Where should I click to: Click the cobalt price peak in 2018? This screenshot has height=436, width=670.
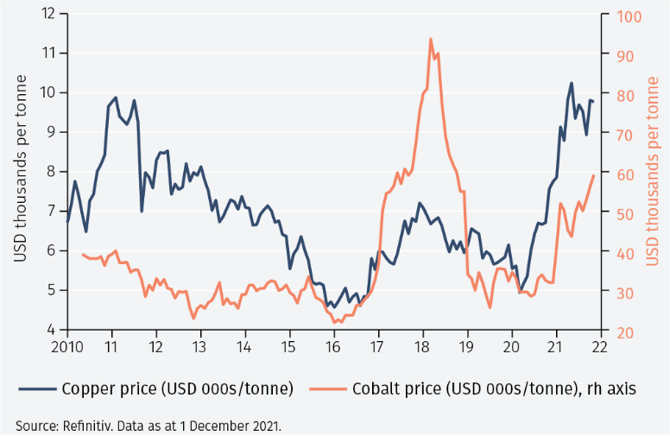(x=430, y=40)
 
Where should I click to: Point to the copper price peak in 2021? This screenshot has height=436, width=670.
(x=572, y=84)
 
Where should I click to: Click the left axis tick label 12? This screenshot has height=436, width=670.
(x=48, y=14)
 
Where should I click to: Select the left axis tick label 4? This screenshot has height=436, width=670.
(x=52, y=330)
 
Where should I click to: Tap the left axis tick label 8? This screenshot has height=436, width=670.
(x=52, y=172)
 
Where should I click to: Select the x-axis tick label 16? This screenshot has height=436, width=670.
(x=334, y=347)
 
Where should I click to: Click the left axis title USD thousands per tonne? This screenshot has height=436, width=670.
(x=20, y=169)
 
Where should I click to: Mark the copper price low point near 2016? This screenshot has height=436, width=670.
(x=333, y=306)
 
